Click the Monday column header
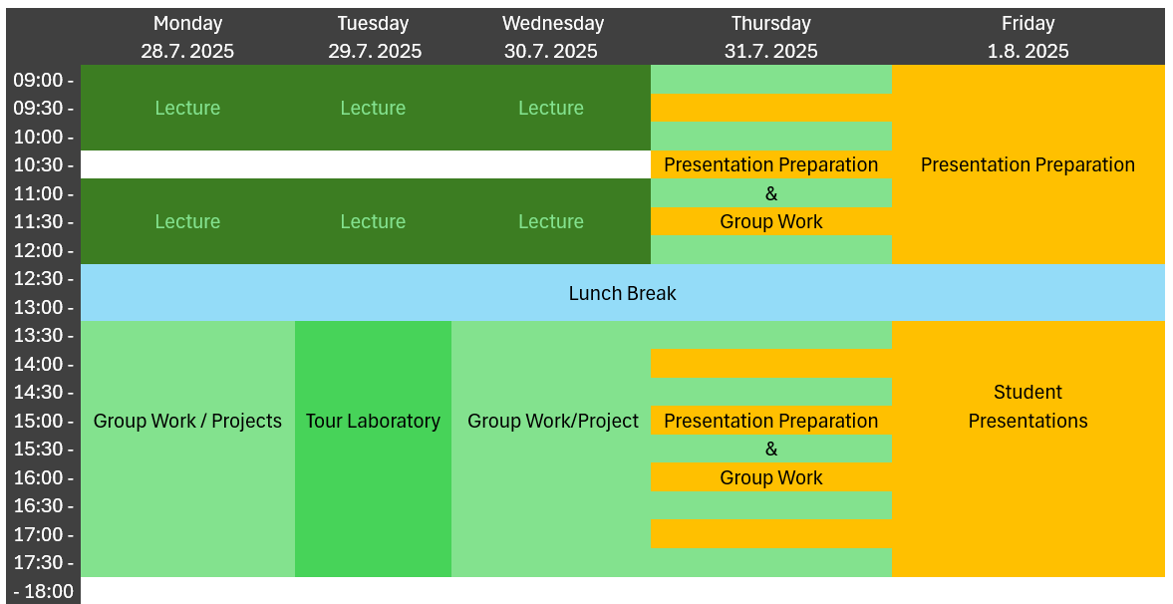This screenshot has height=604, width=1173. [187, 23]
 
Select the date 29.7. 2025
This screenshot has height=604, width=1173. [375, 52]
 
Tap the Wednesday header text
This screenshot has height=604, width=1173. [553, 23]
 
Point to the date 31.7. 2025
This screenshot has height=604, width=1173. [771, 52]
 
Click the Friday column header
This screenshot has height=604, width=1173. [1027, 23]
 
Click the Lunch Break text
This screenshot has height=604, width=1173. [623, 293]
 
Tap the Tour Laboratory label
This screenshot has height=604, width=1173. [374, 422]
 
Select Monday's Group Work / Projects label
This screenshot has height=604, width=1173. [187, 422]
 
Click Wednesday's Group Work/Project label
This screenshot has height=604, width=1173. [553, 422]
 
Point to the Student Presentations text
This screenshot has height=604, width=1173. [1027, 407]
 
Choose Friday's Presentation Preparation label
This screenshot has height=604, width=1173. [1027, 165]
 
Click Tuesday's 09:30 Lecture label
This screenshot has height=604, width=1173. [374, 109]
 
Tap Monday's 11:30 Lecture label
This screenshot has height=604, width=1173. [187, 222]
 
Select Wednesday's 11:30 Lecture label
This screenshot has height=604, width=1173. [551, 222]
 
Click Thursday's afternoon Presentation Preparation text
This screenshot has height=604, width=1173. [771, 422]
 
